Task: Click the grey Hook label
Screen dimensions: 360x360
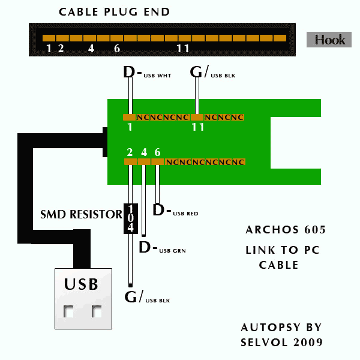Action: [329, 40]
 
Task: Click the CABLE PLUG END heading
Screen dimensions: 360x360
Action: [114, 12]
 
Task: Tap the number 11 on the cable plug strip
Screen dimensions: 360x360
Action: [184, 48]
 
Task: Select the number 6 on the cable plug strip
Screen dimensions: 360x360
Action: [117, 48]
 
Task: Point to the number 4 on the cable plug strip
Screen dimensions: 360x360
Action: [91, 48]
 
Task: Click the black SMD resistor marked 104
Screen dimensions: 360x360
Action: [130, 218]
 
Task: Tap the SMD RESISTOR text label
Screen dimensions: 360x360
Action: [81, 214]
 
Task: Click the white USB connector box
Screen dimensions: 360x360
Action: [83, 298]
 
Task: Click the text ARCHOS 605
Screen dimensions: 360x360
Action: [286, 230]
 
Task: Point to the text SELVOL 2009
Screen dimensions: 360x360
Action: [282, 343]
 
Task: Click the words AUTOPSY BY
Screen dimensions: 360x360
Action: [281, 328]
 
